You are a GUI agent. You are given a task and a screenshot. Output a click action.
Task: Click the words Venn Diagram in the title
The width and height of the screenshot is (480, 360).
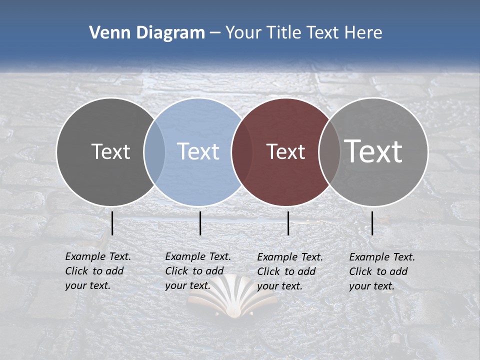tap(147, 33)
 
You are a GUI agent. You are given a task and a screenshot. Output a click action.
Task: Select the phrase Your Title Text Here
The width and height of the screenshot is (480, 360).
tap(303, 33)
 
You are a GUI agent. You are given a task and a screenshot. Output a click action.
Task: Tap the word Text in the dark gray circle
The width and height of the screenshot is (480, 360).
tap(110, 151)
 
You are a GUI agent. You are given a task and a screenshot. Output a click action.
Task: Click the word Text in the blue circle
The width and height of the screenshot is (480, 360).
tap(198, 151)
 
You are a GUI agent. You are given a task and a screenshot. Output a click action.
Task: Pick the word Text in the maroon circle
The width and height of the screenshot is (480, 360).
tap(285, 152)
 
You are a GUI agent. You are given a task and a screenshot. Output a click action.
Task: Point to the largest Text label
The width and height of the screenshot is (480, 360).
tap(373, 151)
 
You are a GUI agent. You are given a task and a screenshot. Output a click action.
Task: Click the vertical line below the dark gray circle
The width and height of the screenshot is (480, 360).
tap(112, 223)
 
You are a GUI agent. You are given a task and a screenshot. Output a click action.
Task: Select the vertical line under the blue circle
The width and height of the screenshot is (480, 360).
tap(200, 223)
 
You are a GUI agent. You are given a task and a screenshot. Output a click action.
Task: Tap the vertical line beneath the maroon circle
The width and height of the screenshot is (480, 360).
tap(288, 223)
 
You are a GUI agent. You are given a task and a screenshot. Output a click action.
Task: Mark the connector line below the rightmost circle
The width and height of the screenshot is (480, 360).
tap(372, 223)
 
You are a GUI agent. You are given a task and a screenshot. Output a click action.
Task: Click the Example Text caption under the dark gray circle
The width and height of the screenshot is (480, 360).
tap(98, 271)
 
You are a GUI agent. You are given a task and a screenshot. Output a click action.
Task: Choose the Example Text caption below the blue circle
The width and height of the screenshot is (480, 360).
tap(198, 271)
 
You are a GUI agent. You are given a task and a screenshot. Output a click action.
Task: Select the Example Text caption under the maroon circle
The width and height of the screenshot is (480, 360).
tap(290, 271)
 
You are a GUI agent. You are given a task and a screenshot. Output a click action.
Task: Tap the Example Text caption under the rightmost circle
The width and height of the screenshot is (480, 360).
tap(382, 271)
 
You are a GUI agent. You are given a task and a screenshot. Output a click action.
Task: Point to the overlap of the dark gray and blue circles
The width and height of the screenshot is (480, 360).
tap(154, 151)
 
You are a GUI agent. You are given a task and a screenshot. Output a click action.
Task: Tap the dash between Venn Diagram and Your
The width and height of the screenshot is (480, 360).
tap(215, 33)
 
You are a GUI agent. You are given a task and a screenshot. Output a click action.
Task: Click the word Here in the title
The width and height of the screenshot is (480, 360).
tap(365, 33)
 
